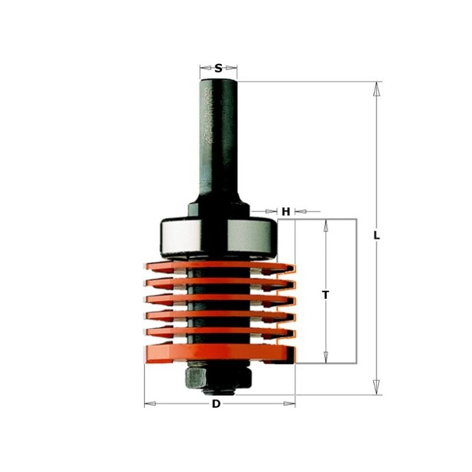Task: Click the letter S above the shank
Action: [218, 68]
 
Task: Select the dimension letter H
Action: [286, 212]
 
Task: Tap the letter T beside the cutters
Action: [325, 294]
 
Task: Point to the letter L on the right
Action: [376, 235]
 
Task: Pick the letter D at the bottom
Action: [216, 404]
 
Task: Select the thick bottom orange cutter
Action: [218, 353]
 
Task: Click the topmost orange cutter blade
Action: [218, 266]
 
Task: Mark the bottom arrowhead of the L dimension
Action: [376, 388]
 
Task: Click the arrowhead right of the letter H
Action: [299, 211]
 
